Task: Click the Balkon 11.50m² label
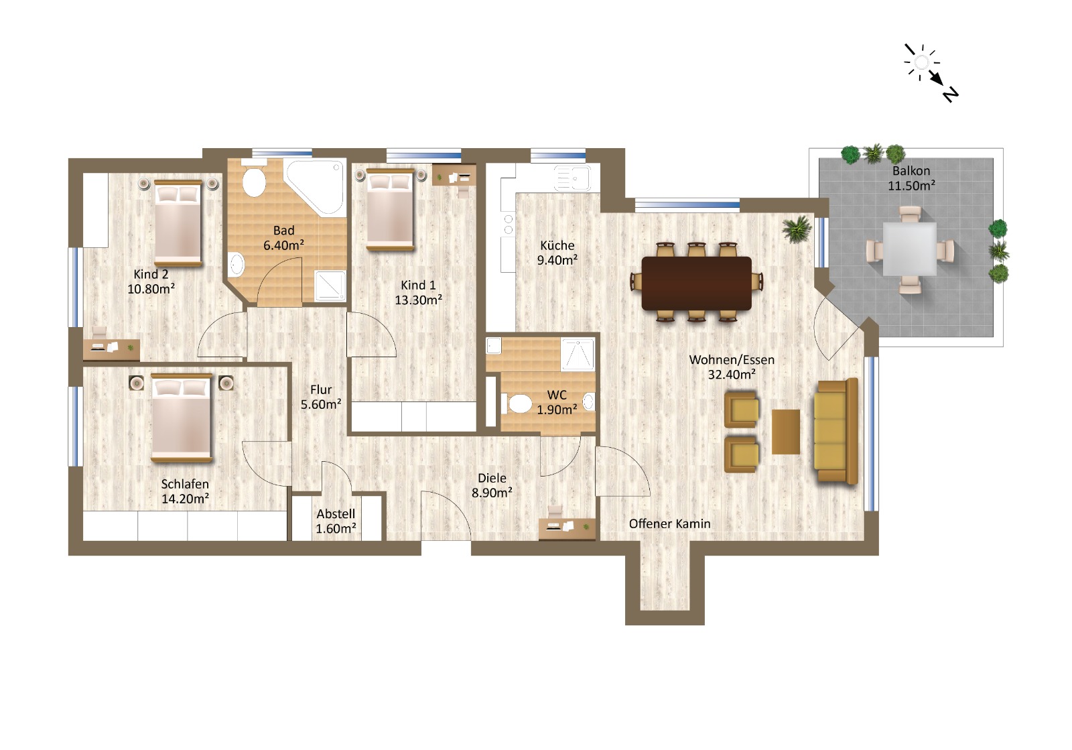tap(911, 178)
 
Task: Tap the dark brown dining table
tap(696, 283)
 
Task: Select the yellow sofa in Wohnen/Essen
tap(835, 431)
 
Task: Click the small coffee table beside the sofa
tap(785, 432)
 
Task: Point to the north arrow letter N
tap(951, 94)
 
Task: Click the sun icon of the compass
tap(921, 62)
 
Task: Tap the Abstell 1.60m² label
tap(336, 521)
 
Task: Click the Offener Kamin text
tap(669, 523)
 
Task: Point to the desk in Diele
tap(567, 527)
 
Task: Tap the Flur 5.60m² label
tap(321, 397)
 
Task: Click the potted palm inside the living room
tap(797, 229)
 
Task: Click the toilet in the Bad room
tap(254, 182)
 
